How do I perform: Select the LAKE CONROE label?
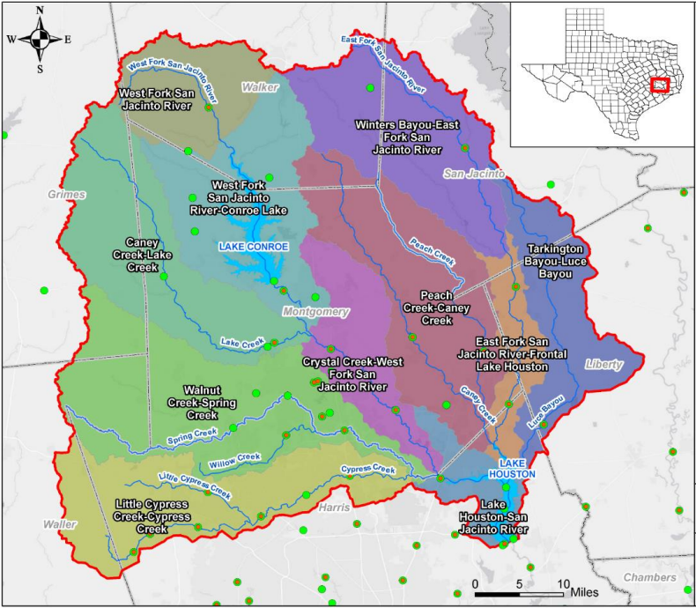point(254,247)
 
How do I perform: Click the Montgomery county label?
point(316,312)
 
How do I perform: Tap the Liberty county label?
point(604,364)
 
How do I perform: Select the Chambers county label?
point(650,577)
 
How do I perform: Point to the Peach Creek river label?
point(432,251)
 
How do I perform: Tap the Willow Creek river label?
point(235,459)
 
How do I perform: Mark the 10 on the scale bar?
point(559,584)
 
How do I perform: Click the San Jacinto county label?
point(474,174)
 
